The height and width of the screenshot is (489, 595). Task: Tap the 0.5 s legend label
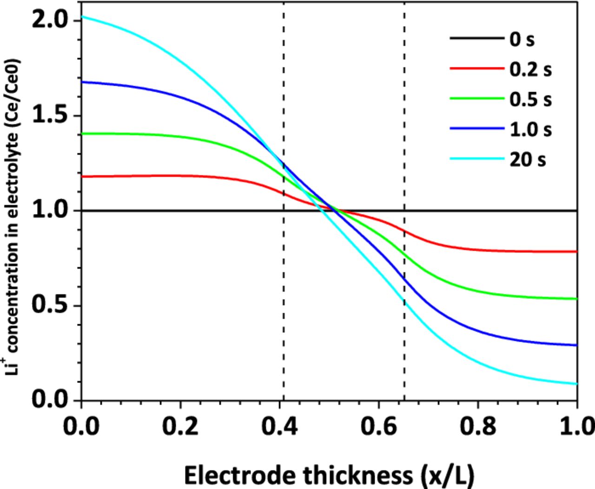530,99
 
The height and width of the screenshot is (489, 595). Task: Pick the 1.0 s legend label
530,129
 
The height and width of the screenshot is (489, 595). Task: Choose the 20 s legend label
528,160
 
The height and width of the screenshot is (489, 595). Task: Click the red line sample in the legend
477,68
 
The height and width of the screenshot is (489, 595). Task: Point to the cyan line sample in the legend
477,159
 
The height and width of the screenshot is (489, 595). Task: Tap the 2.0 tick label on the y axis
50,21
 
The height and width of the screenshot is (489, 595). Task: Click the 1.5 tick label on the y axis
50,115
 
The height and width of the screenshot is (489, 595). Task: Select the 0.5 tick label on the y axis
50,305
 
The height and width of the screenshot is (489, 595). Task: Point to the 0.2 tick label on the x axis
180,426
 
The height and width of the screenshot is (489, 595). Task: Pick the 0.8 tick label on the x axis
478,426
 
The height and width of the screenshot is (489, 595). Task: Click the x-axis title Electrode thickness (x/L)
329,476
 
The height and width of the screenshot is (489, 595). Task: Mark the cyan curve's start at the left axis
83,17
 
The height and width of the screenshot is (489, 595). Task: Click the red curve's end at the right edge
576,252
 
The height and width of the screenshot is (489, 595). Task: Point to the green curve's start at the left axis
83,134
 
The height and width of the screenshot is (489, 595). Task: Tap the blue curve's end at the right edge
576,345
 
